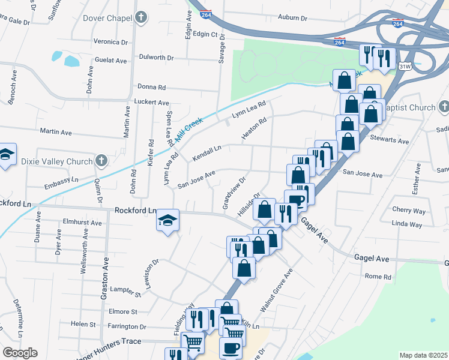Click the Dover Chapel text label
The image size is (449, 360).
point(107,19)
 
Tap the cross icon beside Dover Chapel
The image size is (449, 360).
point(140,19)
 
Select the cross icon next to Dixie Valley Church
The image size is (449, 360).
point(101,161)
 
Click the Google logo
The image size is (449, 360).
point(20,353)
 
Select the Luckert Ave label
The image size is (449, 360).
point(151,103)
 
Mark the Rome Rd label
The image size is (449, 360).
point(378,277)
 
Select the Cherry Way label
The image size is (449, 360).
point(408,211)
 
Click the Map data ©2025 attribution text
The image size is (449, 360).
point(423,355)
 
